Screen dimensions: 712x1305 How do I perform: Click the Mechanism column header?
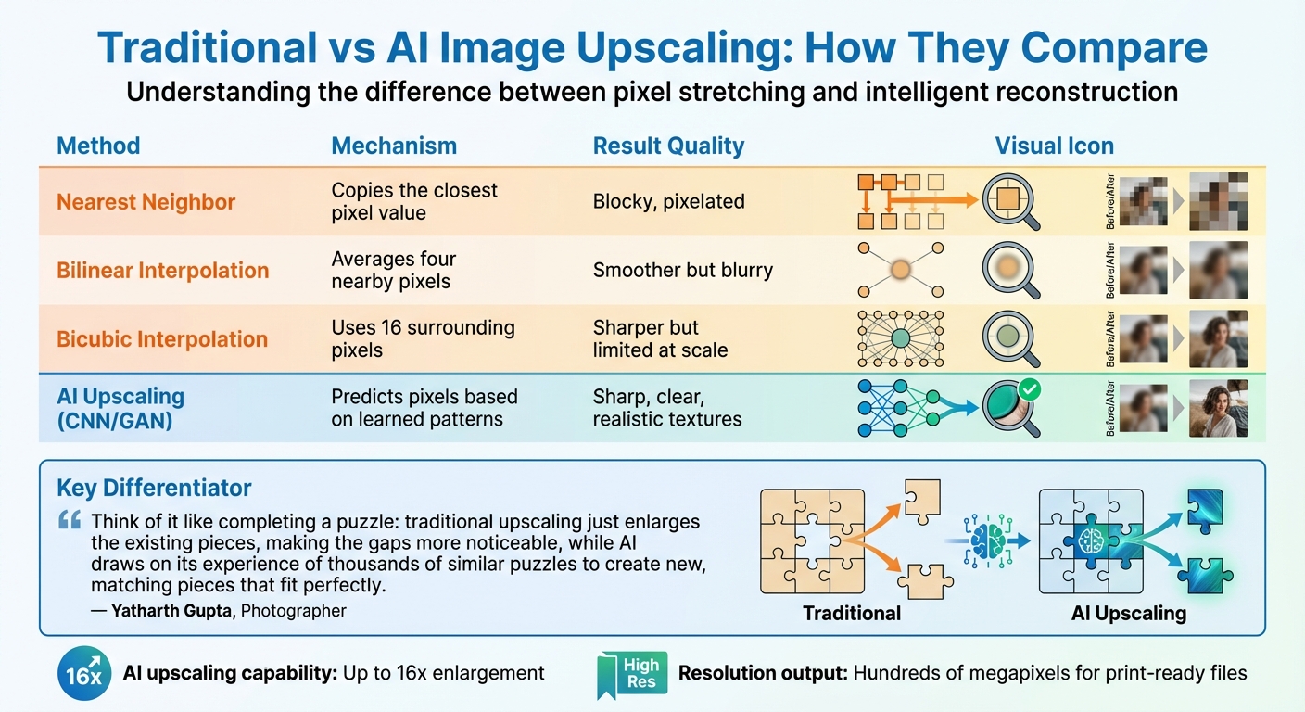coord(394,146)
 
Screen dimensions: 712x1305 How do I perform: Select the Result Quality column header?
coord(668,146)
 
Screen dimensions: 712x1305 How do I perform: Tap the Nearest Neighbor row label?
coord(146,202)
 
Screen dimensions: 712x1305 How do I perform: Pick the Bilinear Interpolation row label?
coord(163,271)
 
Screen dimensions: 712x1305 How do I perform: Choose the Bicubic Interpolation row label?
coord(162,339)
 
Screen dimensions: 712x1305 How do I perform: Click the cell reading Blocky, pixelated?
coord(668,201)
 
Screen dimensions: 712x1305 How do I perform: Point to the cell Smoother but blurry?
coord(682,270)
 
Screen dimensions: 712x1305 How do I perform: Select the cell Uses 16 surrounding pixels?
coord(423,338)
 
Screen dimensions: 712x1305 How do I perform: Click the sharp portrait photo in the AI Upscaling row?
coord(1218,408)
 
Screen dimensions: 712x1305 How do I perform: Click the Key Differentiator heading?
coord(154,488)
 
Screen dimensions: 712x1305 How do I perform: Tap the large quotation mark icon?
coord(69,519)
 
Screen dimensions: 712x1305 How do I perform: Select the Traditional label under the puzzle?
coord(851,613)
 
